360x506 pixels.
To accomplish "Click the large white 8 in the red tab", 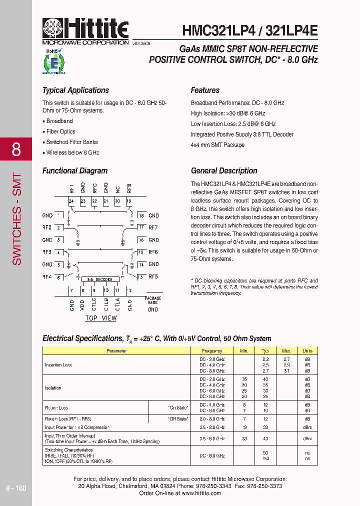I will [16, 149].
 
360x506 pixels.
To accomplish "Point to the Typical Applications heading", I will [75, 90].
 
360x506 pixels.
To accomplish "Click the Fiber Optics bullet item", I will [60, 131].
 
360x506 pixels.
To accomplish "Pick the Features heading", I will [205, 90].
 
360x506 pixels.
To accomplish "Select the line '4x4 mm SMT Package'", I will [217, 145].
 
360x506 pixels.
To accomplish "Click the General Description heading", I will [224, 171].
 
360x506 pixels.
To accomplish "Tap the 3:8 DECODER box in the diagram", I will [96, 279].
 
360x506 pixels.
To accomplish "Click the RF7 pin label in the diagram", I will [152, 227].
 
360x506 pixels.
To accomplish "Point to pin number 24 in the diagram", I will [71, 201].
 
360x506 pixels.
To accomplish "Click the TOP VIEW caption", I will [100, 318].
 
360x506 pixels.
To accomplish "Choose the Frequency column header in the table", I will [212, 351].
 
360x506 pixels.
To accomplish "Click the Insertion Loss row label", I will [58, 365].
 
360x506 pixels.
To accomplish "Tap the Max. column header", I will [286, 351].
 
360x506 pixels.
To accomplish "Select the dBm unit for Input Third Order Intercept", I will [307, 438].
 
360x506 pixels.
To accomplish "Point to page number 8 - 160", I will [16, 488].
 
